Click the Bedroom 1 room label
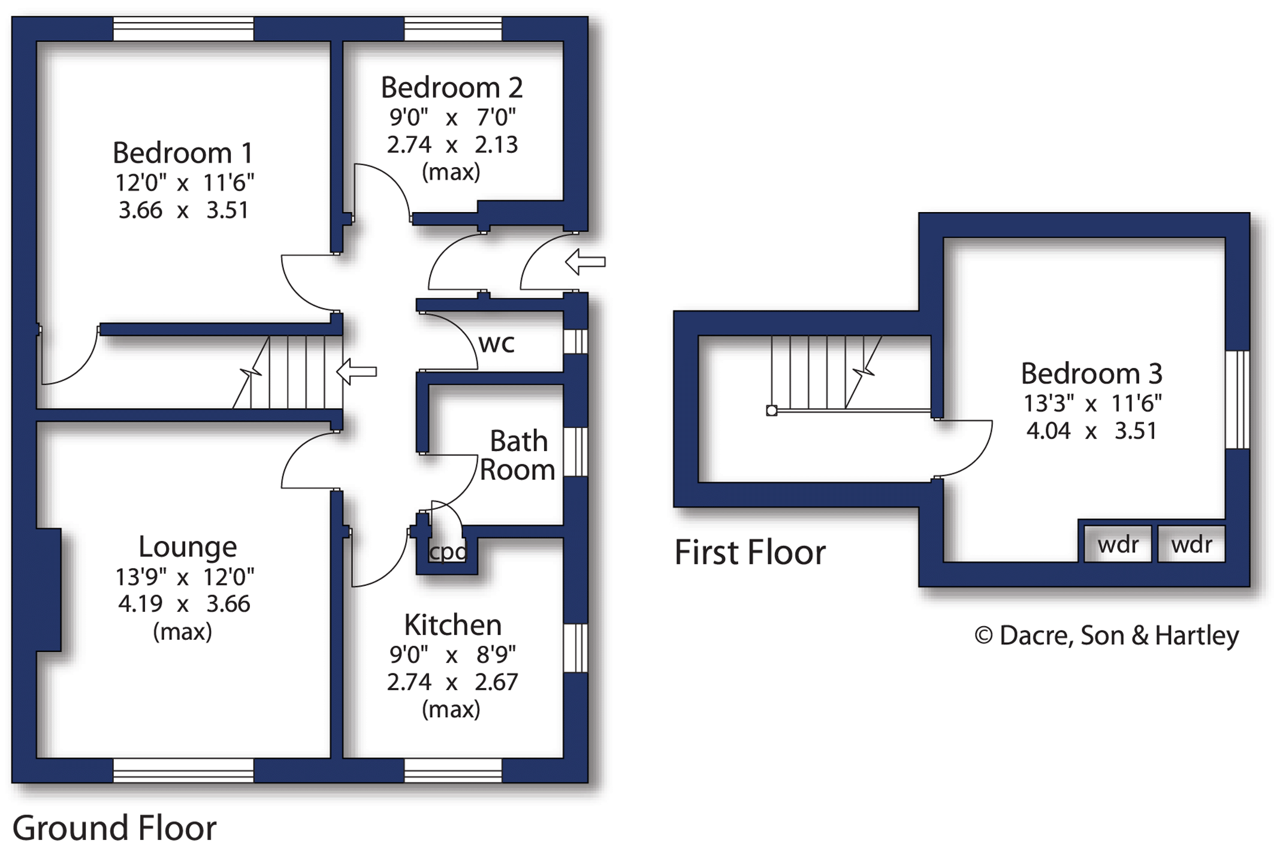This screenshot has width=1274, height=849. tap(183, 153)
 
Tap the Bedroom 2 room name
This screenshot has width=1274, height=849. tap(452, 87)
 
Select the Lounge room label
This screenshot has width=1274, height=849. tap(188, 546)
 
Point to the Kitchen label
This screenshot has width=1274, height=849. tap(452, 625)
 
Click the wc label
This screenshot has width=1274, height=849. tap(496, 343)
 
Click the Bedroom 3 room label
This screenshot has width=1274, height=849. tap(1091, 373)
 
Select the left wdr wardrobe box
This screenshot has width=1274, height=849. tap(1118, 544)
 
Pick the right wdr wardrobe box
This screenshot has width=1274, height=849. tap(1191, 544)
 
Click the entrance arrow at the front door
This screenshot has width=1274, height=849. tap(585, 262)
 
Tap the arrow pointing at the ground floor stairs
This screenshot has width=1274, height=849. tap(357, 371)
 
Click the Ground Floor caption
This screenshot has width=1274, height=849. tap(114, 827)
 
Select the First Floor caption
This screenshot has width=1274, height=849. tap(750, 552)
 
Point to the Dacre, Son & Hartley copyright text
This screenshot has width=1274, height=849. tap(1106, 636)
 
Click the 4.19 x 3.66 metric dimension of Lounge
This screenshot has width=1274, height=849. tap(184, 603)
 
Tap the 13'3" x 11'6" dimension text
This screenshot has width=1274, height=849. tap(1092, 403)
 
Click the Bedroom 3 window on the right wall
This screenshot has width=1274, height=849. tap(1237, 400)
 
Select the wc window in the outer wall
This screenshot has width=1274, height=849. tap(575, 342)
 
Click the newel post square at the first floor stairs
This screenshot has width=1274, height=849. tap(772, 410)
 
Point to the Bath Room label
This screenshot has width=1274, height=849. tap(518, 455)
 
